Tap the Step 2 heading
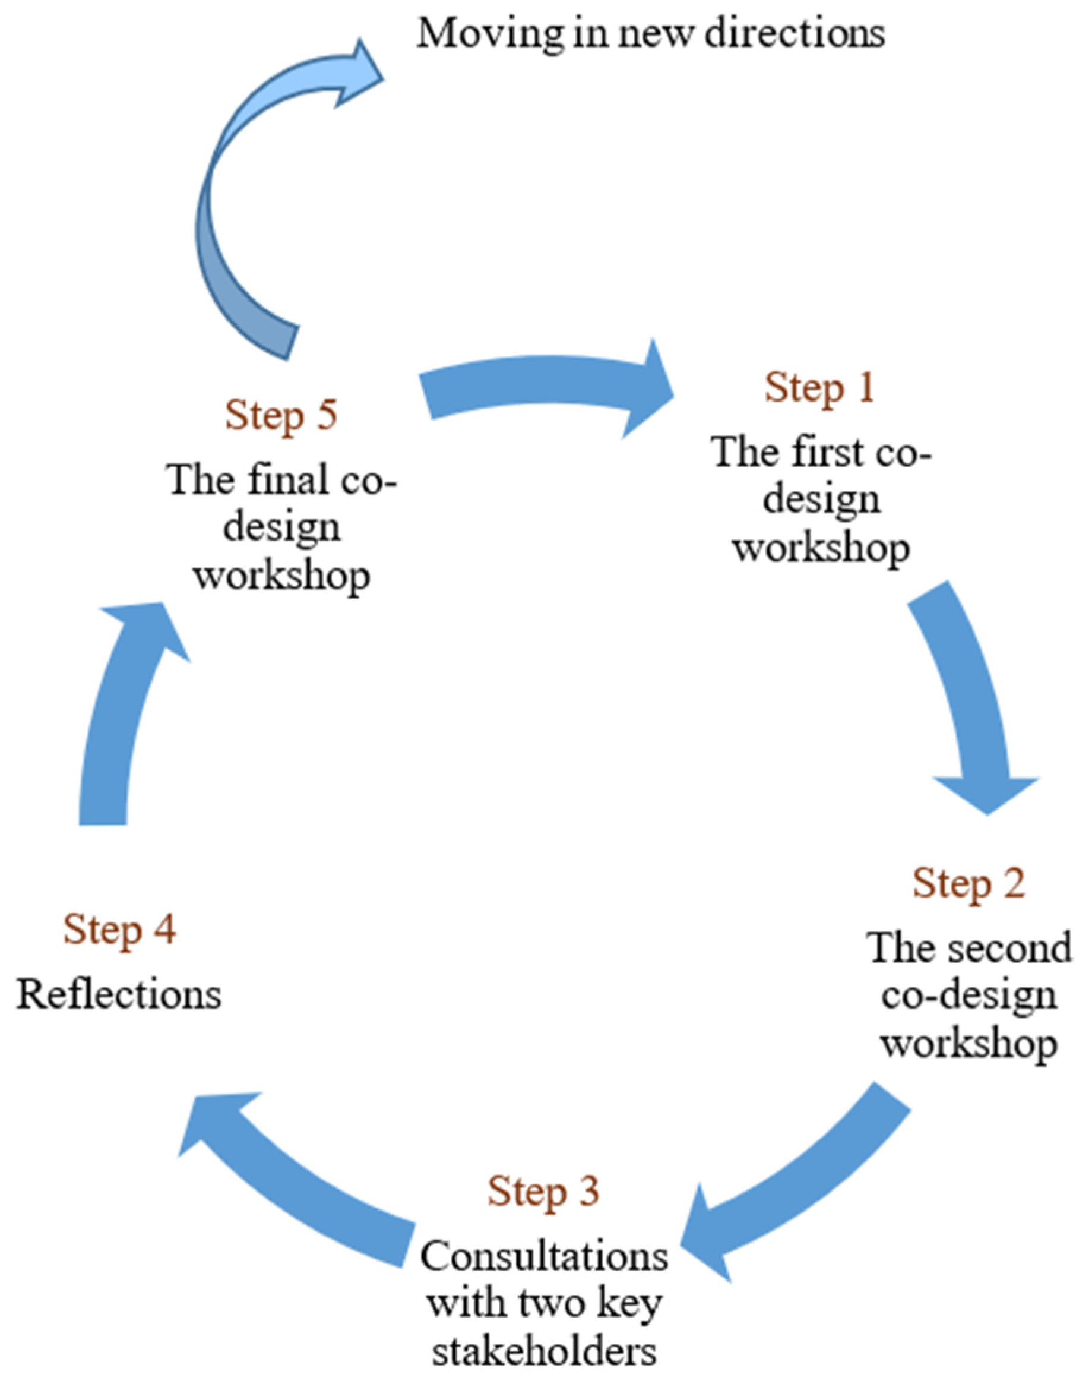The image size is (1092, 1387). pyautogui.click(x=968, y=884)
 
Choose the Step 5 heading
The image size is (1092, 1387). pyautogui.click(x=281, y=416)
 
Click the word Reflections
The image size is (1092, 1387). pyautogui.click(x=119, y=995)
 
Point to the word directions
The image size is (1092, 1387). pyautogui.click(x=795, y=33)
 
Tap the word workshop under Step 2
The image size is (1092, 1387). pyautogui.click(x=968, y=1045)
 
